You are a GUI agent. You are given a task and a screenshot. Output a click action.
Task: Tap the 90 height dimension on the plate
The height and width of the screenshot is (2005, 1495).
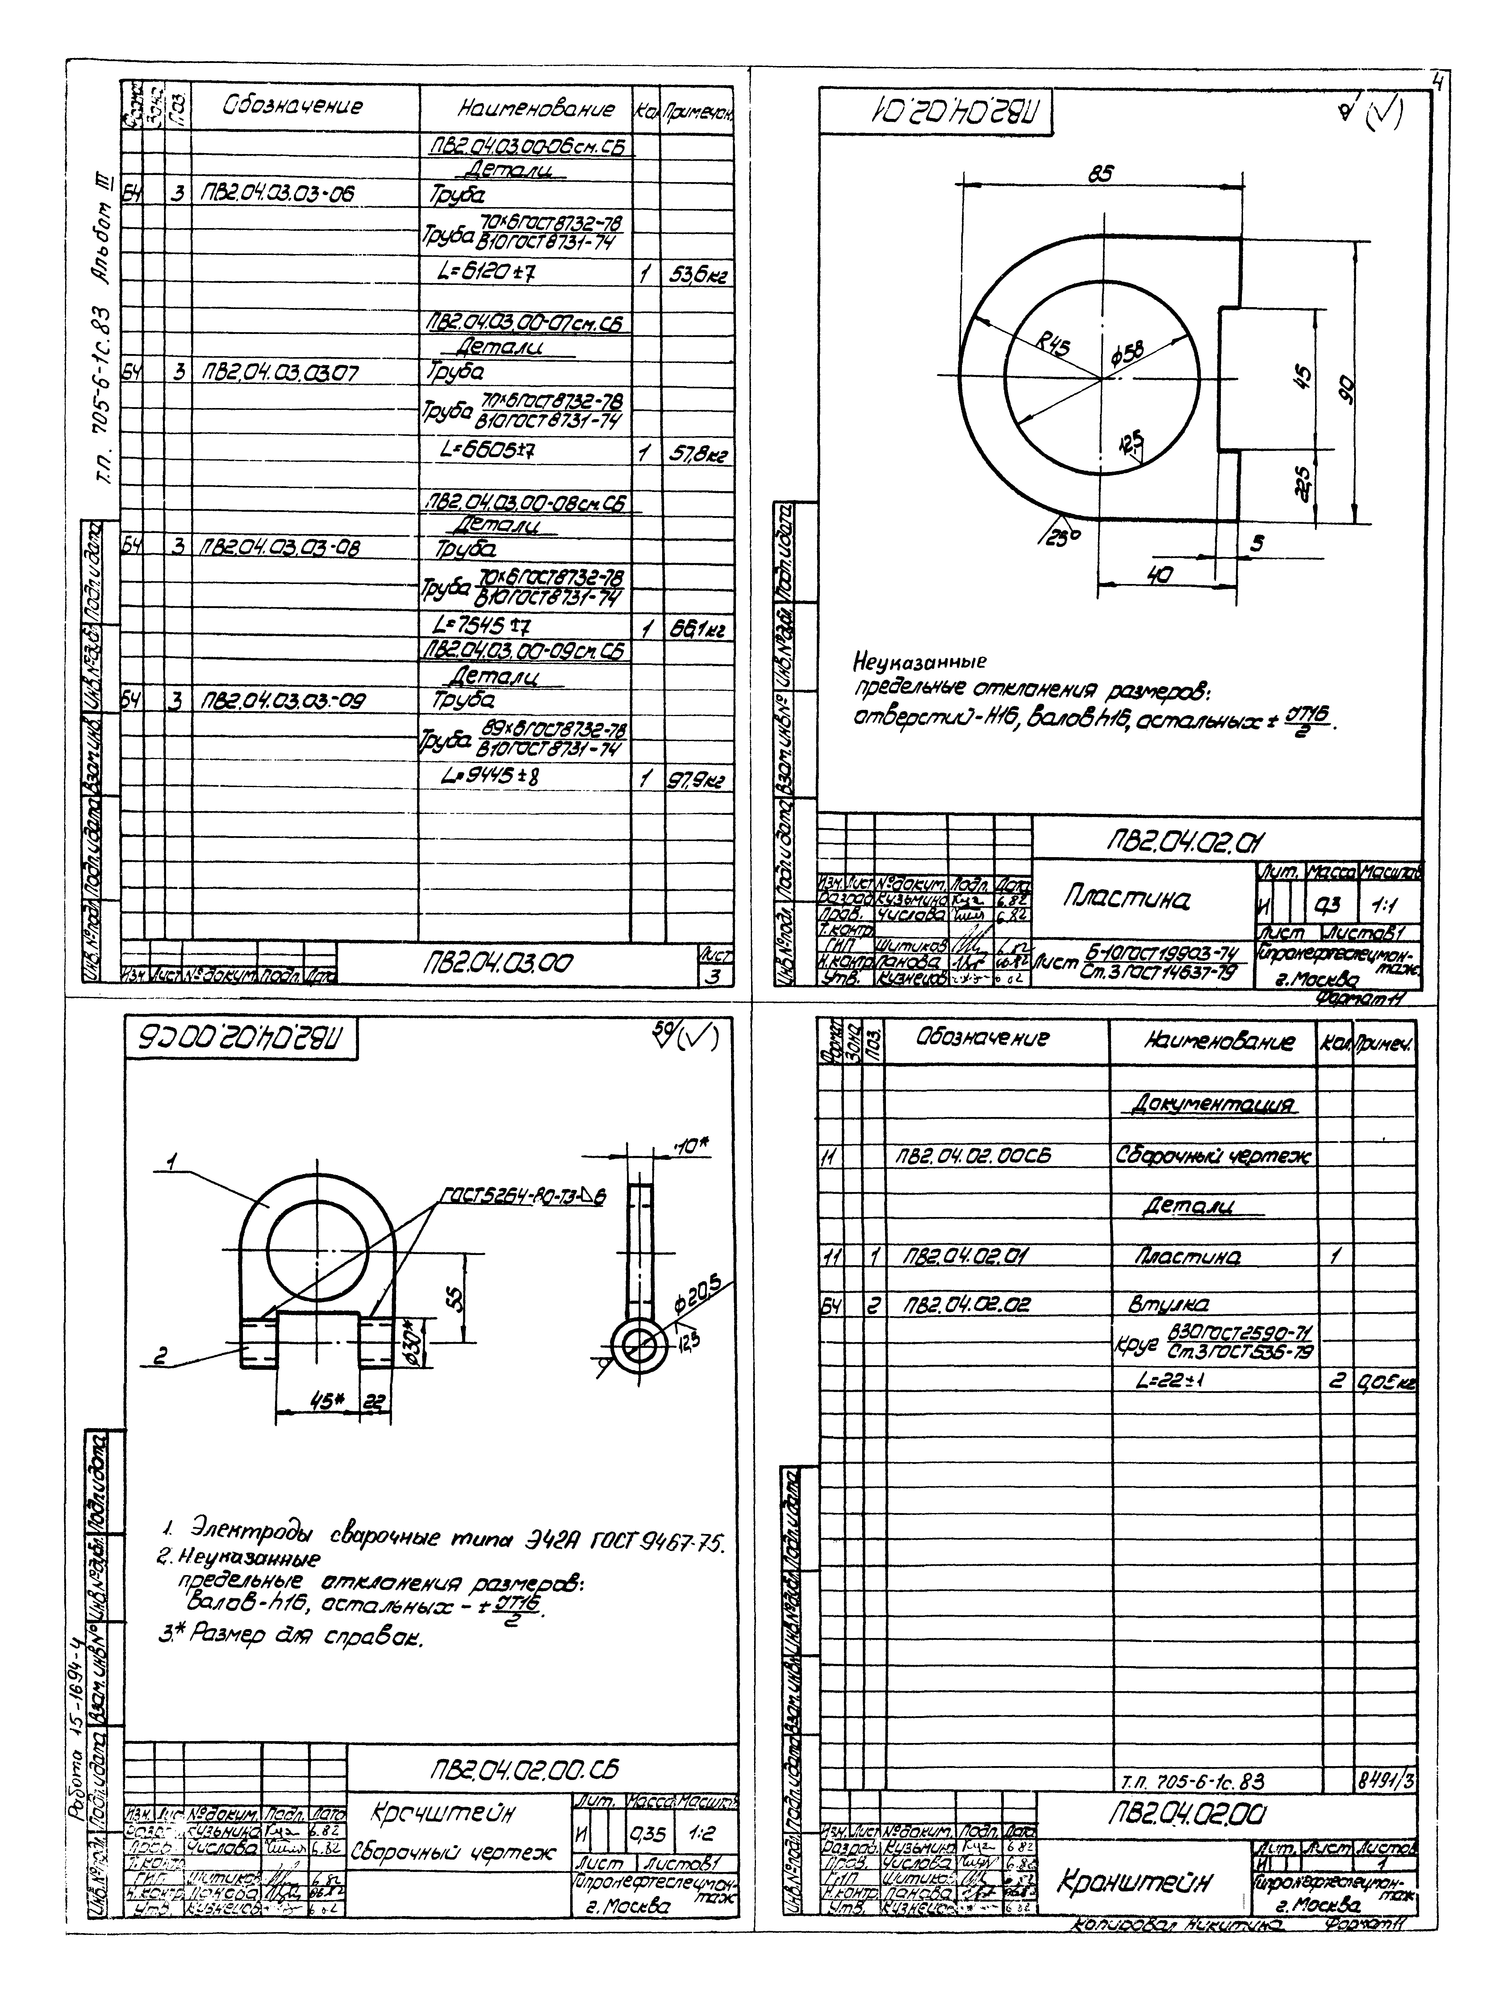click(1347, 387)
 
